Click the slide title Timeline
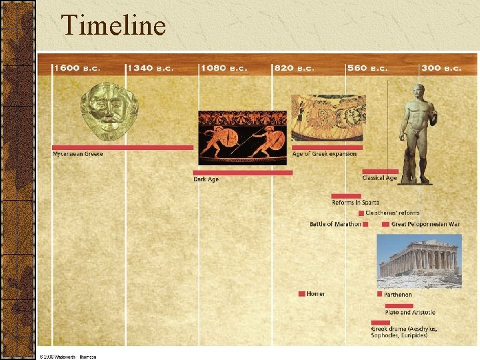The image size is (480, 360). pos(113,26)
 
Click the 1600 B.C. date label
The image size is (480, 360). pos(76,68)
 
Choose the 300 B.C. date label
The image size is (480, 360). pos(441,68)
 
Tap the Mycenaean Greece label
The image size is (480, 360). pos(78,154)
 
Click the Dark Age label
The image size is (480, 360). pos(206,179)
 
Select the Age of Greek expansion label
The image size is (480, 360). pos(325,154)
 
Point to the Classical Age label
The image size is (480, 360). pos(379,178)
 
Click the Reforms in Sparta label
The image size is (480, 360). pos(355,203)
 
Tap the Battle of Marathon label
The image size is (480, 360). pos(335,224)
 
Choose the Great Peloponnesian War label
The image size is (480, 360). pos(425,224)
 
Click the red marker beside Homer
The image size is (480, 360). pos(302,293)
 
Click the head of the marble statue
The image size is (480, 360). pos(417,91)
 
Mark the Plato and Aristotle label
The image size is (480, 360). pos(410,312)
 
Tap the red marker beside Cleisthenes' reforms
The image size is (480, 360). pos(361,213)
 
